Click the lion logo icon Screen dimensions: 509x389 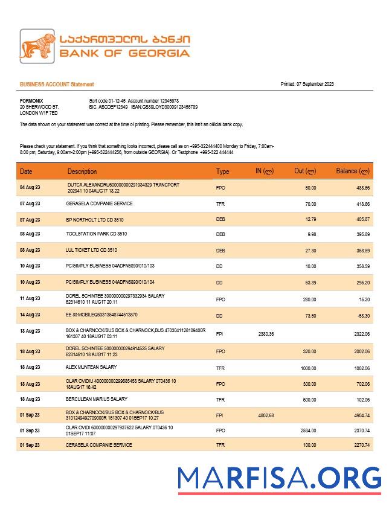[x=38, y=46]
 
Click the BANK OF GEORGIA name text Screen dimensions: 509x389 [x=124, y=53]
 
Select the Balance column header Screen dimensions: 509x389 [x=352, y=171]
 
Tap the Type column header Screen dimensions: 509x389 [x=223, y=172]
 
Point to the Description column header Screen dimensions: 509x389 [x=82, y=172]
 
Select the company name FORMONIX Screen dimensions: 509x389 [x=31, y=100]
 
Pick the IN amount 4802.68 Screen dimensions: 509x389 [x=266, y=415]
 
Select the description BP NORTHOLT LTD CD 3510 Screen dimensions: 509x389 [x=95, y=219]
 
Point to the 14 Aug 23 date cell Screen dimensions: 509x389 [x=30, y=315]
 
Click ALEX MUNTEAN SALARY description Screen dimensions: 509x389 [x=91, y=367]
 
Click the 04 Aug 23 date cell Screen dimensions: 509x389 [x=30, y=188]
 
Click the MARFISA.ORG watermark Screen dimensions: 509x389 [x=279, y=478]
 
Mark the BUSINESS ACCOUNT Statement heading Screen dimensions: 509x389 [x=57, y=85]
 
